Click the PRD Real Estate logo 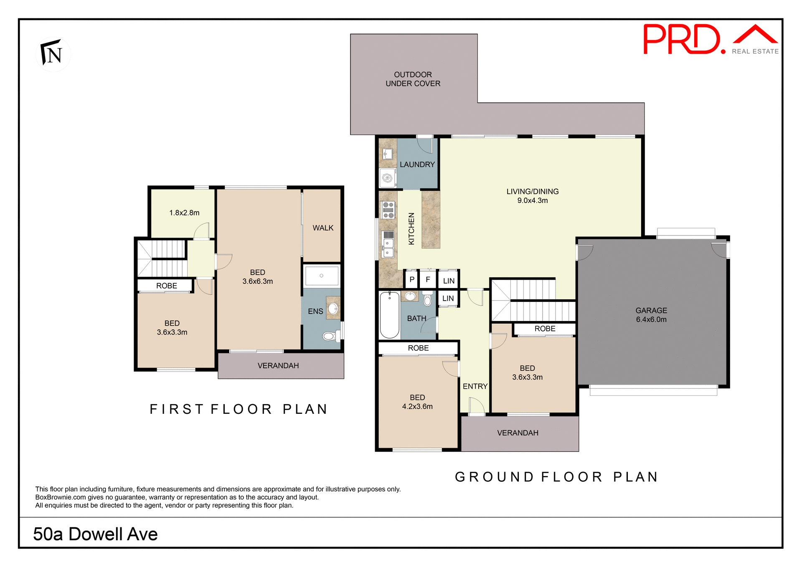[710, 40]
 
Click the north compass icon [53, 53]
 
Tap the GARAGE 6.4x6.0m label [651, 315]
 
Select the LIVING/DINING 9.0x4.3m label [532, 196]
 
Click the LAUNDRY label [417, 165]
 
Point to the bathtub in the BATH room [389, 315]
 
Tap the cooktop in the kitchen [388, 210]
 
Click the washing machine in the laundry [387, 178]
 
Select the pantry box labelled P [412, 280]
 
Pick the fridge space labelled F [428, 280]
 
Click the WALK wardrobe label [322, 228]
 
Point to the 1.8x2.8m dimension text [184, 213]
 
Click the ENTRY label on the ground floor [475, 386]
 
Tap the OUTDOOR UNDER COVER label [413, 79]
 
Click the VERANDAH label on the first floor [278, 366]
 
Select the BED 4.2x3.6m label [417, 402]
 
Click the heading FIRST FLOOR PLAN [239, 409]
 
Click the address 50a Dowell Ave [95, 534]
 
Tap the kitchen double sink [388, 248]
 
